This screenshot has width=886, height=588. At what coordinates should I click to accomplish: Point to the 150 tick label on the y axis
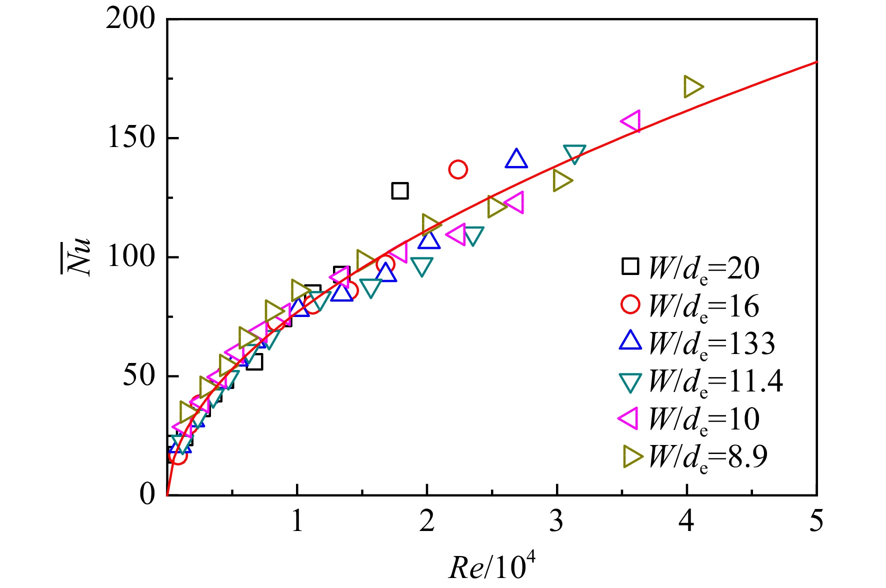(131, 137)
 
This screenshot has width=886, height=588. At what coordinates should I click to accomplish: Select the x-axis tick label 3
(556, 521)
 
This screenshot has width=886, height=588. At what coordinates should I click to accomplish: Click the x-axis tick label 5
(816, 521)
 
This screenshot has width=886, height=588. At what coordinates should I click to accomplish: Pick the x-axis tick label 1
(297, 521)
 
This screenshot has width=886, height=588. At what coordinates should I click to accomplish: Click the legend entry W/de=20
(704, 268)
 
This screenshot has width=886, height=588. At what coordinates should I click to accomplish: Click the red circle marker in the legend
(630, 304)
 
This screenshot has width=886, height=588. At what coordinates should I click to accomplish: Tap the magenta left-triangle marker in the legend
(628, 417)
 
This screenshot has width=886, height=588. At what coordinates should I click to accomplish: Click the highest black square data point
(400, 190)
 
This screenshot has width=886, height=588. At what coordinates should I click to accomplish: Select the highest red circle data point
(458, 169)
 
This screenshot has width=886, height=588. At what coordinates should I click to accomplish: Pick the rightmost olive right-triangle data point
(693, 87)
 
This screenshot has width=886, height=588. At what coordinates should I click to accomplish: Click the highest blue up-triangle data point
(516, 158)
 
